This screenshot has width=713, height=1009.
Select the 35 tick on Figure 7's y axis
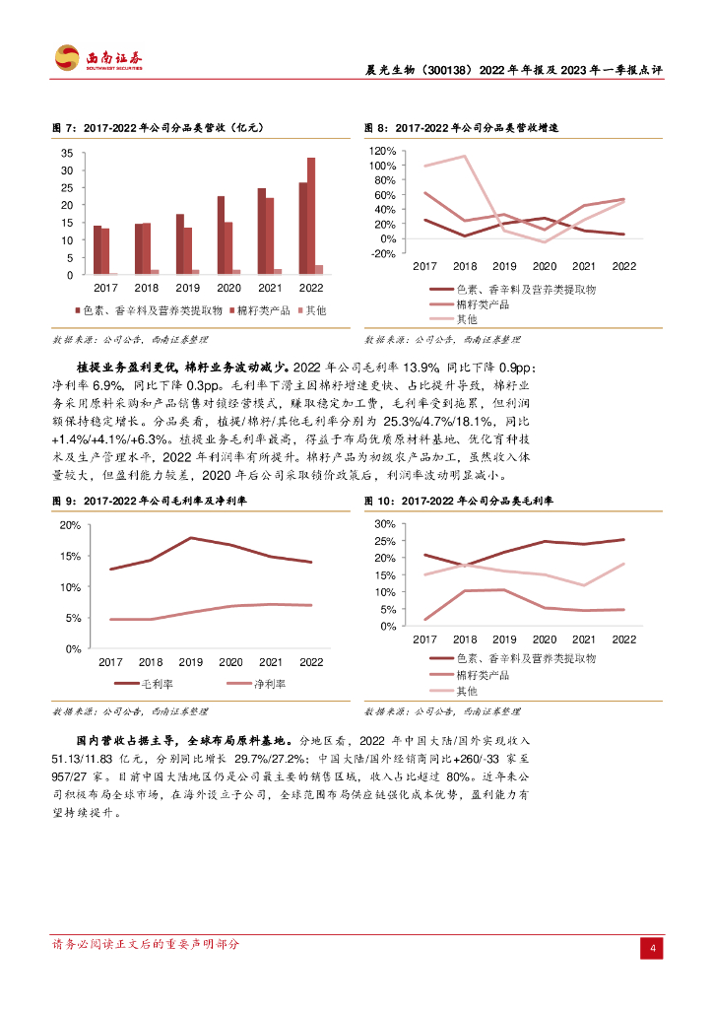click(66, 154)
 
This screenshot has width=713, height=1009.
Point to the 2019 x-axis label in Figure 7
click(187, 288)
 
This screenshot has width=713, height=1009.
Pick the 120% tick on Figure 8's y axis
click(382, 152)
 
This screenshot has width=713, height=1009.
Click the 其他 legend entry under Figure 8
click(467, 319)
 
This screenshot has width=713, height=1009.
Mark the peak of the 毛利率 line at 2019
click(190, 538)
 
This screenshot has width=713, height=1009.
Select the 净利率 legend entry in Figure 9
click(270, 683)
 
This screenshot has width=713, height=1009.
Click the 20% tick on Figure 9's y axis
click(70, 525)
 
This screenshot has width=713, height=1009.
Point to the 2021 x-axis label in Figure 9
click(271, 662)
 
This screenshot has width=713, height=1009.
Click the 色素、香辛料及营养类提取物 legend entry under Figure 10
click(526, 657)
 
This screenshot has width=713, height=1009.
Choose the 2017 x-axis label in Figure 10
click(424, 639)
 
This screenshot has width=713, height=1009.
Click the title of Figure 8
click(460, 128)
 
